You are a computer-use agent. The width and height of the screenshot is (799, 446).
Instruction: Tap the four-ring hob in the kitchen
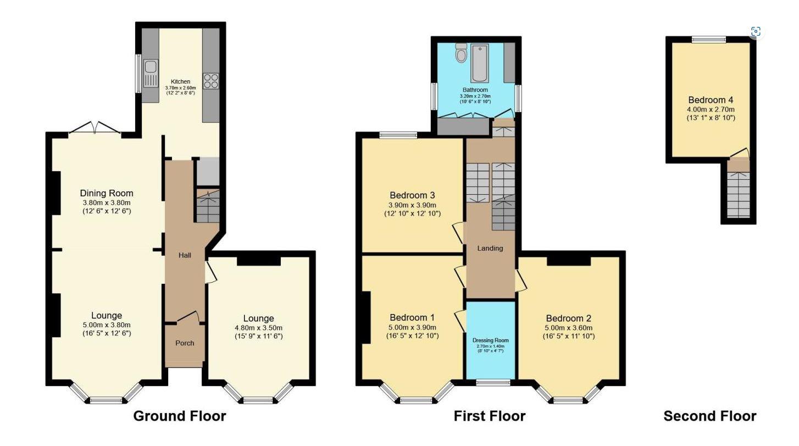click(x=210, y=81)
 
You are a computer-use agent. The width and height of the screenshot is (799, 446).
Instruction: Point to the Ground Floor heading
click(x=179, y=416)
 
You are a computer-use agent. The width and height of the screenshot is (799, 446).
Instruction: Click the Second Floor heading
click(x=709, y=416)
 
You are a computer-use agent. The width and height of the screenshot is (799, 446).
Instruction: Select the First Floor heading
click(x=489, y=416)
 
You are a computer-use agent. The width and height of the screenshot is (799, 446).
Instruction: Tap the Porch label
click(x=185, y=343)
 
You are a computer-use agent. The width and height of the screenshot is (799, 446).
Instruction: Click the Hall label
click(x=185, y=255)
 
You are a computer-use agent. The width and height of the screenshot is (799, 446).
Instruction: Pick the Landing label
click(x=490, y=248)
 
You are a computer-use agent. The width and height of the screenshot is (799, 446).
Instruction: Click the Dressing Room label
click(x=490, y=340)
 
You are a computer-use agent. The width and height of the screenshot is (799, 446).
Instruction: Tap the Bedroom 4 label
click(x=711, y=100)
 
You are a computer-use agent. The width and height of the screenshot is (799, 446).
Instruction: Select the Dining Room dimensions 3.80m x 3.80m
click(x=107, y=202)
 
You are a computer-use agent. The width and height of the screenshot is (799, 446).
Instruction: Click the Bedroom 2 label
click(x=568, y=318)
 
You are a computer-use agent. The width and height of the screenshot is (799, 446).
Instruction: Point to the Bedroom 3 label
click(x=412, y=195)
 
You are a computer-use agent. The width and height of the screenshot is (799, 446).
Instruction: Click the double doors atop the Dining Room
click(x=95, y=129)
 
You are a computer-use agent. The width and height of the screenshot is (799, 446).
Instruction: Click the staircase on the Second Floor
click(x=738, y=193)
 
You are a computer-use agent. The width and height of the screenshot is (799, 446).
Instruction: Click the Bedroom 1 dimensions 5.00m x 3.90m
click(x=412, y=327)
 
